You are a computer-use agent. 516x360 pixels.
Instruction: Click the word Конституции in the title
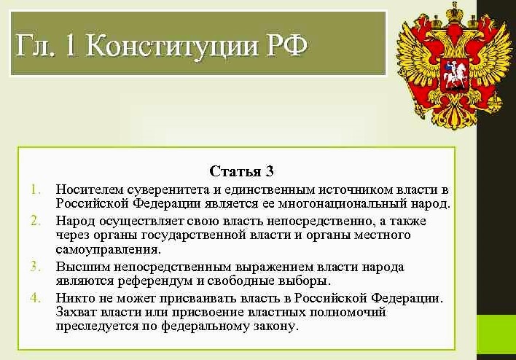coord(173,45)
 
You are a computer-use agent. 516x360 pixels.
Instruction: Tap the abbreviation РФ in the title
coord(286,44)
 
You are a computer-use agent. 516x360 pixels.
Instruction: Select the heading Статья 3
coord(241,171)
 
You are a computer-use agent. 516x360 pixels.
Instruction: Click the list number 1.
coord(36,190)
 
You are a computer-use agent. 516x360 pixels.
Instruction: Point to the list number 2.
coord(36,221)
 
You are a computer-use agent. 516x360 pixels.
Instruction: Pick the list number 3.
coord(36,266)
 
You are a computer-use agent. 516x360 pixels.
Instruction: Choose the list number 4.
coord(36,297)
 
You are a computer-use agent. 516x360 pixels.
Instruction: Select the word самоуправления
coord(109,250)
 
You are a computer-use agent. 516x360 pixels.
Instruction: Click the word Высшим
coord(83,267)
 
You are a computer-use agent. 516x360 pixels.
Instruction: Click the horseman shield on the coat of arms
coord(454,75)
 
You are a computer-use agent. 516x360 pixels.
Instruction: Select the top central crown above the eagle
coord(455,12)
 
